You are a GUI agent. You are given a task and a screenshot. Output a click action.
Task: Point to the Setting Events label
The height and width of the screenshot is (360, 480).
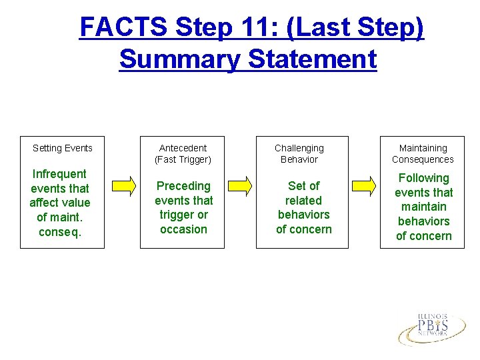tap(63, 148)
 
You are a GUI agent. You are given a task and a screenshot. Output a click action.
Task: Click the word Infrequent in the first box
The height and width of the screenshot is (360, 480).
tap(59, 174)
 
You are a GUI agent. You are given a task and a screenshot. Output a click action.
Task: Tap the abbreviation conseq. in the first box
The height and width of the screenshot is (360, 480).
tap(59, 232)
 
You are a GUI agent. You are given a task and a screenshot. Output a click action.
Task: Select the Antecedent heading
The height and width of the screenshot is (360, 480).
tap(183, 148)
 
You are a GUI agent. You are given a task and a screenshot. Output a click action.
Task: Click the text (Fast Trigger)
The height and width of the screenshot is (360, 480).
tap(183, 159)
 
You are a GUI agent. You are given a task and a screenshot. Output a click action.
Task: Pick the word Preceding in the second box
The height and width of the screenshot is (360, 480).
tap(183, 186)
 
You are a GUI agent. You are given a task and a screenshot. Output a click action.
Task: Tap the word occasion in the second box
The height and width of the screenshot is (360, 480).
tap(183, 229)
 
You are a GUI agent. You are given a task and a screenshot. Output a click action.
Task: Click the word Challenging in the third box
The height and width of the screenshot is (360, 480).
tap(299, 148)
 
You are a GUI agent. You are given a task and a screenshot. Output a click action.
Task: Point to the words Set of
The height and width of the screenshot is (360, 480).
tap(303, 186)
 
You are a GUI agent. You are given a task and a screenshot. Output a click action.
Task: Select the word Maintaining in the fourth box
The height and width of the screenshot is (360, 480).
tap(423, 148)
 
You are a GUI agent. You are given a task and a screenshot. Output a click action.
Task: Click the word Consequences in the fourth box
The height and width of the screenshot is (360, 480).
tap(423, 159)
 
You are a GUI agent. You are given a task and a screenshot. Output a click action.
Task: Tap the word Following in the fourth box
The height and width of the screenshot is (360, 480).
tap(423, 178)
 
